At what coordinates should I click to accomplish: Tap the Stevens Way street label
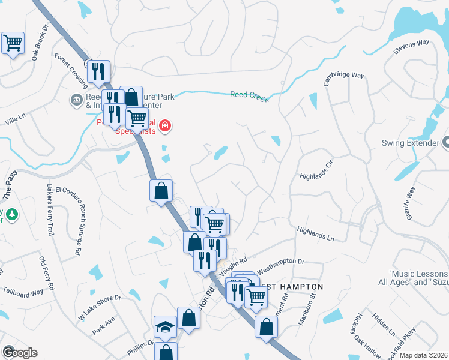(x=412, y=47)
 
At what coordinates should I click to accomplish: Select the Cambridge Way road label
(x=344, y=79)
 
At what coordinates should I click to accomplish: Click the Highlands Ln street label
(x=315, y=233)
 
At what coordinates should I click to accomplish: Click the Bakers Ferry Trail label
(x=47, y=209)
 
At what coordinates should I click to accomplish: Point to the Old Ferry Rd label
(x=46, y=274)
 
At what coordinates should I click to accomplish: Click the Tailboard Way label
(x=22, y=293)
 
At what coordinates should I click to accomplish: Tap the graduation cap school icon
(x=165, y=326)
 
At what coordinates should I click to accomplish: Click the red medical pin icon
(x=165, y=126)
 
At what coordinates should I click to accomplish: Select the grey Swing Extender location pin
(x=446, y=143)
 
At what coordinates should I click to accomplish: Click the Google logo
(x=19, y=353)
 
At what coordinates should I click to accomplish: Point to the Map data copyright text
(x=423, y=354)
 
